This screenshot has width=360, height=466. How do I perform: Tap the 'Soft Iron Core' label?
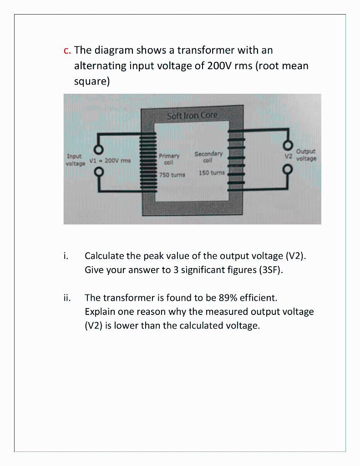[193, 116]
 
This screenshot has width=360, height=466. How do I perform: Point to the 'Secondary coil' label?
[208, 157]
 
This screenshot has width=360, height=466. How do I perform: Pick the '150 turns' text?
[212, 173]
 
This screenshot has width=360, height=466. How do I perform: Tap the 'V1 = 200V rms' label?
[110, 160]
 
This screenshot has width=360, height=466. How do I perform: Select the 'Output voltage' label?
[306, 155]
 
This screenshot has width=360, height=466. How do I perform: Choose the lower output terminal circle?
[288, 168]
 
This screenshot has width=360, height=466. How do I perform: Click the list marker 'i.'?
[66, 256]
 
